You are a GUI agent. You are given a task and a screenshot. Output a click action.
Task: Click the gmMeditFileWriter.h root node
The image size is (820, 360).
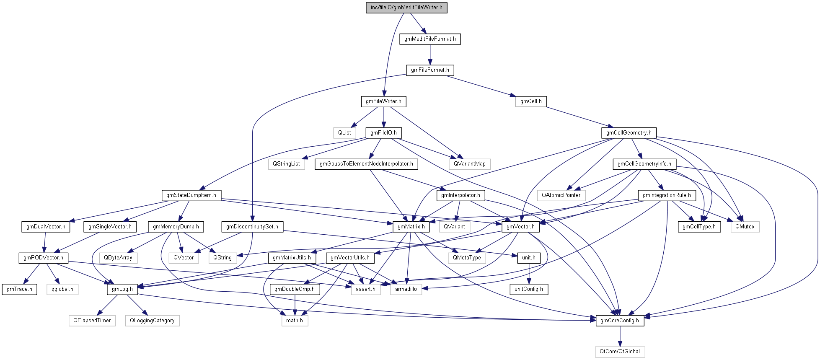pos(406,8)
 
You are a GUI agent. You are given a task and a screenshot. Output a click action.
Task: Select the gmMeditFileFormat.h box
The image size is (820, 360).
pos(430,39)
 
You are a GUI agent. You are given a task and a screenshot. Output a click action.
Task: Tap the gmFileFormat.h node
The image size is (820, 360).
pos(430,70)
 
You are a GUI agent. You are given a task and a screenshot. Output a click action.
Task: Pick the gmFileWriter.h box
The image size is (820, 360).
pos(383,101)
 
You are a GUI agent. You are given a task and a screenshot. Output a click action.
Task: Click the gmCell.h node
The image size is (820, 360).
pos(531,101)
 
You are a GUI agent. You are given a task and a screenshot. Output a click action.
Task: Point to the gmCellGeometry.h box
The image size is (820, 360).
pos(629,133)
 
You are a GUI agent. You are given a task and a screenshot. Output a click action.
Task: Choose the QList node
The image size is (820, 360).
pos(344,133)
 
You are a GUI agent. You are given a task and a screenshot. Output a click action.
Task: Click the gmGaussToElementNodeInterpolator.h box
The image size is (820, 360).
pos(366,164)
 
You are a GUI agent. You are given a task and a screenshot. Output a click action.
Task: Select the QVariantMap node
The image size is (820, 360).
pos(469,164)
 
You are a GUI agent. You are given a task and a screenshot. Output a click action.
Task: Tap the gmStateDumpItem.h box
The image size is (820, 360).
pos(191,195)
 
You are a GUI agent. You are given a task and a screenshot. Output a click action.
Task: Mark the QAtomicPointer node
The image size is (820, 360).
pos(561,195)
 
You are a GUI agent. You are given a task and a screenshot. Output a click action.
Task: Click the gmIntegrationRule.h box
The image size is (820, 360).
pos(667,195)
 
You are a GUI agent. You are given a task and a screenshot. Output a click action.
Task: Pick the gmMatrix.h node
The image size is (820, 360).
pos(411,227)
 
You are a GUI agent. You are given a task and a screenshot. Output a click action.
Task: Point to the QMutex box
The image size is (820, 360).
pos(745,227)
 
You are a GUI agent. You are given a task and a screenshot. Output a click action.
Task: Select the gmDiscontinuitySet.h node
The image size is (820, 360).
pos(252,227)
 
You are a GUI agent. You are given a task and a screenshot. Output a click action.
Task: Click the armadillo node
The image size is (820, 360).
pos(406,289)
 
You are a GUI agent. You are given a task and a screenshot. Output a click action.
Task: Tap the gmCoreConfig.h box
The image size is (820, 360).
pos(620,321)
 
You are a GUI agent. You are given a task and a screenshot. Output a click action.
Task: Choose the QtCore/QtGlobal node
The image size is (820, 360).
pos(620,352)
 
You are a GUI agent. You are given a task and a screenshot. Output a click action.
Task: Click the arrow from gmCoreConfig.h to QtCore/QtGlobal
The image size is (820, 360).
pos(620,336)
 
